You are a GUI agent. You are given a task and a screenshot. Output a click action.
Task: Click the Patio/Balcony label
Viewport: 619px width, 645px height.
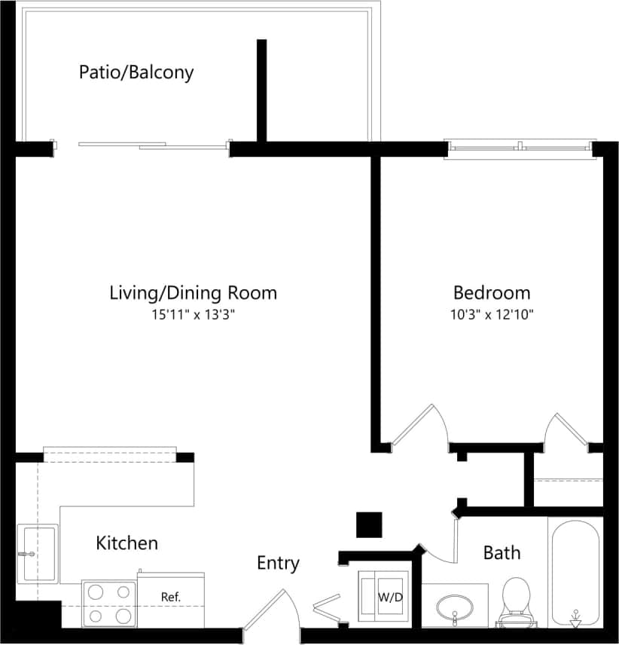pos(136,72)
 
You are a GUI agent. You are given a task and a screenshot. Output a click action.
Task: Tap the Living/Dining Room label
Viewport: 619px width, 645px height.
pos(194,292)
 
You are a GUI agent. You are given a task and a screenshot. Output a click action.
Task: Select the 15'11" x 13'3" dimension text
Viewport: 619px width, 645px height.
pos(194,316)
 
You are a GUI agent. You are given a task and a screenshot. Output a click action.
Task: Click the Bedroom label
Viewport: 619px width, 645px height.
pos(491,292)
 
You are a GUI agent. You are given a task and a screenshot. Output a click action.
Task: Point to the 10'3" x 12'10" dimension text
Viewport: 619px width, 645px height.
pos(491,316)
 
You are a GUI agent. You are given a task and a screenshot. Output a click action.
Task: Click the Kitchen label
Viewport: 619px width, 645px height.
pos(127,543)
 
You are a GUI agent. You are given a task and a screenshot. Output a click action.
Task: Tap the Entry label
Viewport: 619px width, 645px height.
pos(278,563)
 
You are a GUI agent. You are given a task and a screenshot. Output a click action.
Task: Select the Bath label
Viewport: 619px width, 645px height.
pos(502,553)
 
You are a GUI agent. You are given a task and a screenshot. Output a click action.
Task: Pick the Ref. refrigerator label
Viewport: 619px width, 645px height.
pos(171,597)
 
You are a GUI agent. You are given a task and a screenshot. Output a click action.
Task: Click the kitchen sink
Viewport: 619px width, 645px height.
pos(38,554)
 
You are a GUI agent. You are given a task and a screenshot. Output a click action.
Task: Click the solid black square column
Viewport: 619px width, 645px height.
pos(369,525)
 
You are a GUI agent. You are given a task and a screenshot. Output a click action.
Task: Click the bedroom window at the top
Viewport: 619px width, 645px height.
pos(520,148)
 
